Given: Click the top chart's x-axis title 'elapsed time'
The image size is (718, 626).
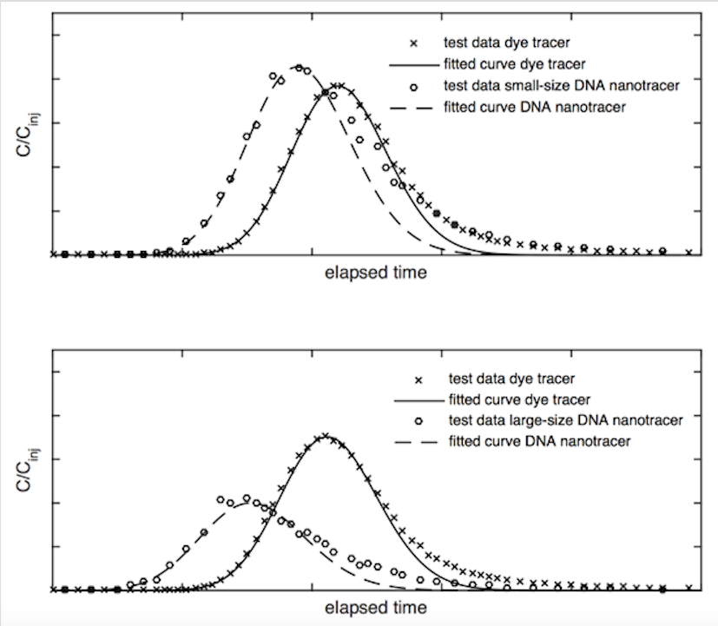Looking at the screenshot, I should pos(376,273).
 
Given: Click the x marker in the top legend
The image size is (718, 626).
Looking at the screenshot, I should pos(414,42).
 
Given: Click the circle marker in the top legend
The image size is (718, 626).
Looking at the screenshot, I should pos(414,85).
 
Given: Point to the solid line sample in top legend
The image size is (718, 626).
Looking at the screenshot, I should pos(414,63).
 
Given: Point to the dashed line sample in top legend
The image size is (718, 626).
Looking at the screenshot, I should pos(414,107).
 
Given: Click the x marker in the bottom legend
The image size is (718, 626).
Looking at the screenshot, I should pos(419,379).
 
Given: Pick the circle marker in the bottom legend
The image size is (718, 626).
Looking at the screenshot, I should pos(419,421).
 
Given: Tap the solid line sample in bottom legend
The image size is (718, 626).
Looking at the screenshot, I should pos(419,400).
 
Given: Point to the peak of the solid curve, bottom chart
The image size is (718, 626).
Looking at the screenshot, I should pos(325,435).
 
